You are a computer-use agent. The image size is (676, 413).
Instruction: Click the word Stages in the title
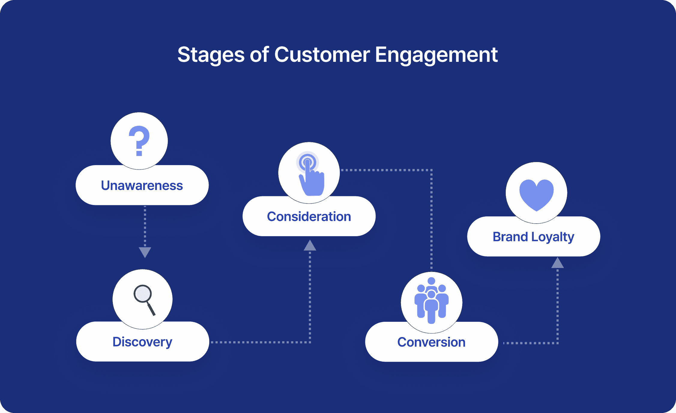(x=211, y=55)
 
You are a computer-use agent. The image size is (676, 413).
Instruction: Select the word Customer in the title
(x=322, y=55)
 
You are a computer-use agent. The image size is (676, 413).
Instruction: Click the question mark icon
(x=139, y=141)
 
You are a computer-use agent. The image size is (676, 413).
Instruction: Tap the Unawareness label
(x=142, y=185)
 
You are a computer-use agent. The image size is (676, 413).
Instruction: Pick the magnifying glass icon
(x=144, y=300)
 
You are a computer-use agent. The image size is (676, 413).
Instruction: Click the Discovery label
(x=142, y=342)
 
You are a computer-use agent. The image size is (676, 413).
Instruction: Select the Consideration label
(x=309, y=216)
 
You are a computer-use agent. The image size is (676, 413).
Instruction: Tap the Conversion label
(x=431, y=342)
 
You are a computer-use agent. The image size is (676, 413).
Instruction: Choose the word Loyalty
(x=553, y=237)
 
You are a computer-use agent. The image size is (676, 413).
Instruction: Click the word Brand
(x=510, y=237)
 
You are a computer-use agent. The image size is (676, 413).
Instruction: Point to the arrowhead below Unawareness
(x=145, y=252)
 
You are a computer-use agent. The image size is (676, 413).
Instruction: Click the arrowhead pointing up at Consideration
(x=310, y=246)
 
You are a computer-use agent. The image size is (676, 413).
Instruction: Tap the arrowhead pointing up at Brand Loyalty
(x=557, y=263)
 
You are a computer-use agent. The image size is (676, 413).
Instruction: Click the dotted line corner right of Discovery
(x=310, y=342)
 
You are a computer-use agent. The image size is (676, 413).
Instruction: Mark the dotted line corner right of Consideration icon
(x=431, y=170)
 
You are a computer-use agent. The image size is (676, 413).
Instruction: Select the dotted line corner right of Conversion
(x=557, y=343)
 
